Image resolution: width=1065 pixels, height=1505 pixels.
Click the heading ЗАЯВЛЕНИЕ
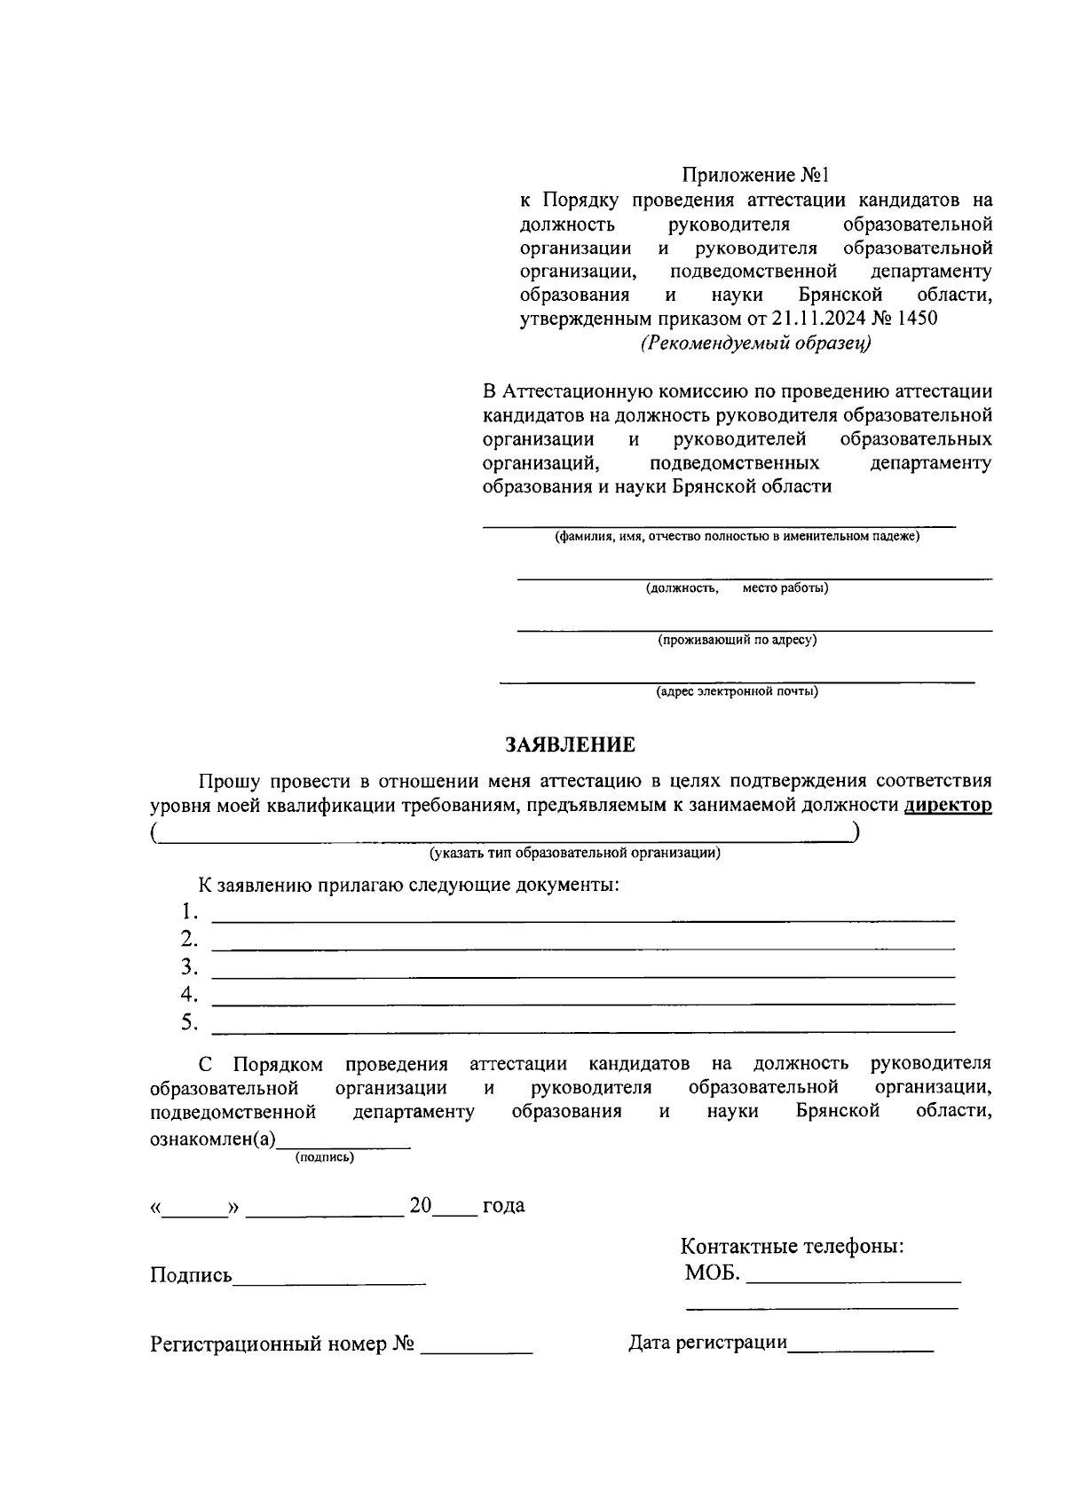coord(570,745)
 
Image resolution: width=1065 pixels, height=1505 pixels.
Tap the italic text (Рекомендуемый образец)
coord(755,343)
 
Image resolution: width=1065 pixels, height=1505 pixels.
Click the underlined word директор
coord(947,806)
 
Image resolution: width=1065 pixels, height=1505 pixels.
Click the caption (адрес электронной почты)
coord(737,691)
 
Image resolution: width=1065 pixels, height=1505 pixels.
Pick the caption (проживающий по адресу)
coord(737,639)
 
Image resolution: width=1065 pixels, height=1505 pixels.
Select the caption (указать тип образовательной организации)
coord(574,853)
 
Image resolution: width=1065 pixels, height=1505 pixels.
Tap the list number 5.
coord(188,1022)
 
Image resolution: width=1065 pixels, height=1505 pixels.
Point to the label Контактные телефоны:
coord(792,1246)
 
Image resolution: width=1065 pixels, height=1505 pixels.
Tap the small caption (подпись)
coord(324,1157)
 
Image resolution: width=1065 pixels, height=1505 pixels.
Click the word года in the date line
coord(502,1206)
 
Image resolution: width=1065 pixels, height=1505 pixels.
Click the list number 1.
coord(188,912)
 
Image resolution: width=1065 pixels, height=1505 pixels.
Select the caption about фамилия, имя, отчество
coord(737,536)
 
